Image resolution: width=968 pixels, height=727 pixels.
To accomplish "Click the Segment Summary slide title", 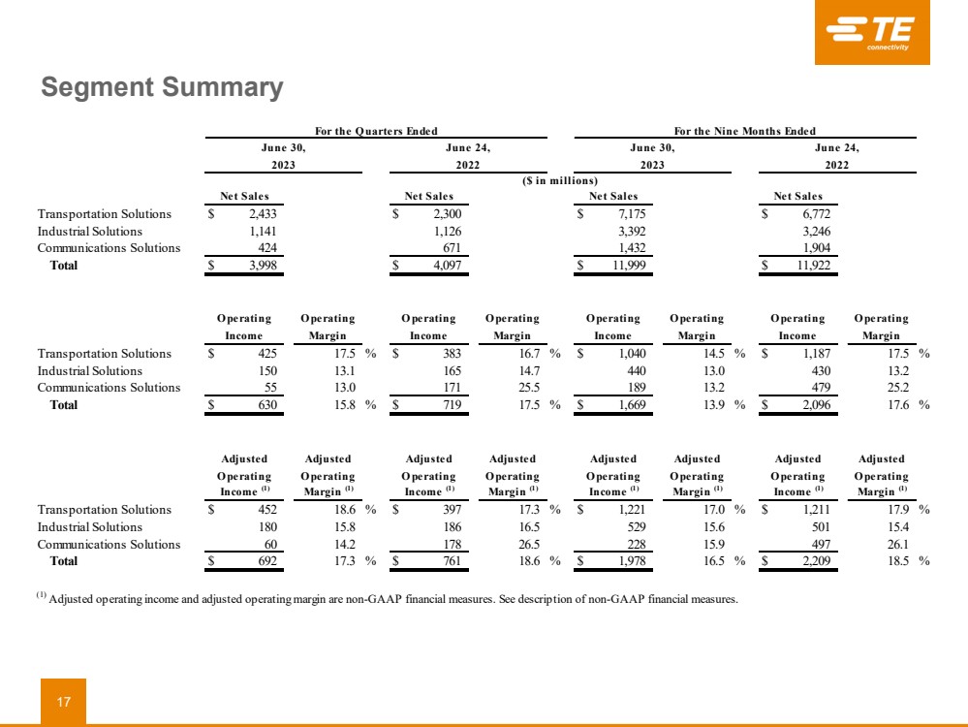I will coord(162,88).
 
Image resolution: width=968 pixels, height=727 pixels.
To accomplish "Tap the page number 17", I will coord(63,702).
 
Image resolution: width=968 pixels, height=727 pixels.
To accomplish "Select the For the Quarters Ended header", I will coord(376,131).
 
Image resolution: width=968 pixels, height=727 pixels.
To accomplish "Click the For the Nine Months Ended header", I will coord(744,131).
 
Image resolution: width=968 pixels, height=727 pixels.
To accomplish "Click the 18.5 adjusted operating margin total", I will coord(894,561).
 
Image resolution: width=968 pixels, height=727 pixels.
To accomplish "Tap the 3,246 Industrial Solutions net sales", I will coord(811,232).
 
